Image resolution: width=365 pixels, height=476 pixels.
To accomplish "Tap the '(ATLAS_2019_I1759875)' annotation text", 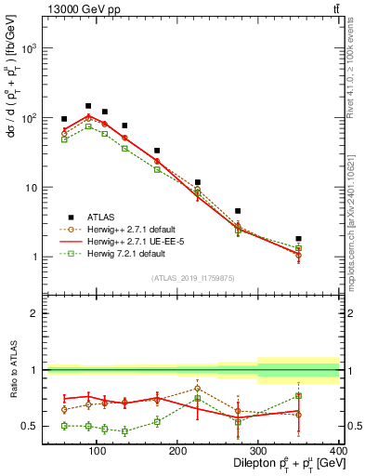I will click(194, 277).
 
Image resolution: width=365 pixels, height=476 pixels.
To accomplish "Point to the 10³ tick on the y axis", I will click(30, 48).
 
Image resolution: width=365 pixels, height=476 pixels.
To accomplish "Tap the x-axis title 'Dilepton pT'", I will click(280, 463).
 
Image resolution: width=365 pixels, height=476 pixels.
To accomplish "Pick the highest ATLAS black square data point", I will click(88, 106).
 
